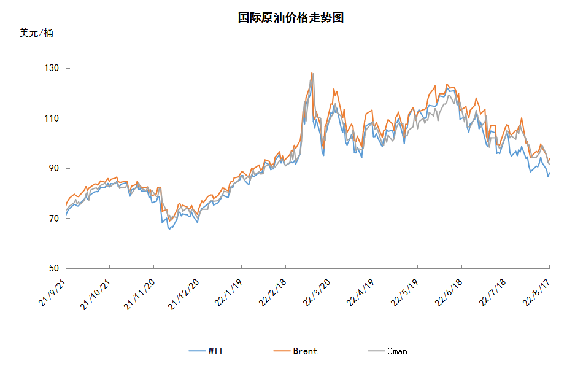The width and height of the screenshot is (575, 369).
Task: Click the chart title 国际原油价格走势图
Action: pyautogui.click(x=290, y=18)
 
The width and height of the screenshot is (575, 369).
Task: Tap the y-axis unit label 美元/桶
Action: pyautogui.click(x=36, y=33)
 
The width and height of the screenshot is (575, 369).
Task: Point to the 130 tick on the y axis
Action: pyautogui.click(x=52, y=68)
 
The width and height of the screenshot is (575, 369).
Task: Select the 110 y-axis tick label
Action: pyautogui.click(x=52, y=118)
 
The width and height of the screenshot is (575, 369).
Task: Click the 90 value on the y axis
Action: pyautogui.click(x=54, y=168)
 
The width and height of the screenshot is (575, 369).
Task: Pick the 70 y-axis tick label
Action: pyautogui.click(x=54, y=218)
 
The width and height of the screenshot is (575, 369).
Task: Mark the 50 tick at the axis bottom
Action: pyautogui.click(x=54, y=268)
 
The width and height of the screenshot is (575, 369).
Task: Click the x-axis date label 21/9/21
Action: pyautogui.click(x=52, y=293)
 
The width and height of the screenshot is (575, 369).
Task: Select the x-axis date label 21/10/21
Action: pyautogui.click(x=95, y=295)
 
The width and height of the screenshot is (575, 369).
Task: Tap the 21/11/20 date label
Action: pyautogui.click(x=139, y=295)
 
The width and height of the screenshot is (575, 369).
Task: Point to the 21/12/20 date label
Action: pyautogui.click(x=183, y=295)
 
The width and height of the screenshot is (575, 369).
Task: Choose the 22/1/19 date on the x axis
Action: pyautogui.click(x=228, y=293)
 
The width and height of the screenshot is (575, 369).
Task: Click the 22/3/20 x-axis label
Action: pyautogui.click(x=316, y=293)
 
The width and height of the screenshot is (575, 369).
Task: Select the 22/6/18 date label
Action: pyautogui.click(x=448, y=293)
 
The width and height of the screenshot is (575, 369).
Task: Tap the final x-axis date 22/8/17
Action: pyautogui.click(x=536, y=293)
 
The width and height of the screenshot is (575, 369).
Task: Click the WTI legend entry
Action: pyautogui.click(x=206, y=351)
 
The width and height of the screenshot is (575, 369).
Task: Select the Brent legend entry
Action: pyautogui.click(x=296, y=351)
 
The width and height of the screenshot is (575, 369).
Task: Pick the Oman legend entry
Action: pyautogui.click(x=388, y=351)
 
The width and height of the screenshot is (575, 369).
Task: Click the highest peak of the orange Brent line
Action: pyautogui.click(x=312, y=73)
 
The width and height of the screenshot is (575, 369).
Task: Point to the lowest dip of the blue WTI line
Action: pyautogui.click(x=169, y=229)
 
